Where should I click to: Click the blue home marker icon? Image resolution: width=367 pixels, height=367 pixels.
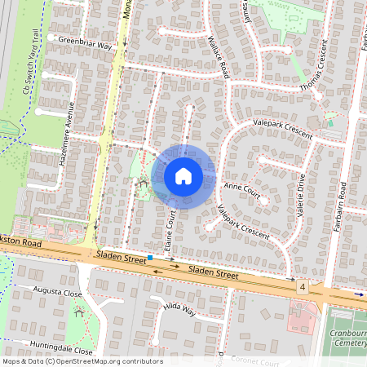(183, 175)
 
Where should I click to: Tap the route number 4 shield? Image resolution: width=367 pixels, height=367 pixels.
(302, 288)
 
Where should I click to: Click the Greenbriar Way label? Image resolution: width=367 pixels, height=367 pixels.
(86, 46)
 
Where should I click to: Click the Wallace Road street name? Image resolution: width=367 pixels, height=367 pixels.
(219, 56)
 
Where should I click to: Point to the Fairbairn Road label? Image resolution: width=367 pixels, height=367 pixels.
(344, 207)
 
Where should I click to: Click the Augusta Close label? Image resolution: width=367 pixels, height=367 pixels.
(58, 291)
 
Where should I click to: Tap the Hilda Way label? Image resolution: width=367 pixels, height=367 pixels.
(179, 309)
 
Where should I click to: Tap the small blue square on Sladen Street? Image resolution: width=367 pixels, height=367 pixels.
(150, 258)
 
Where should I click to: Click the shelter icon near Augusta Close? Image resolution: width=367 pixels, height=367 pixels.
(79, 311)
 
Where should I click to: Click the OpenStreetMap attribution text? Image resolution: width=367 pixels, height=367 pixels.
(82, 361)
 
